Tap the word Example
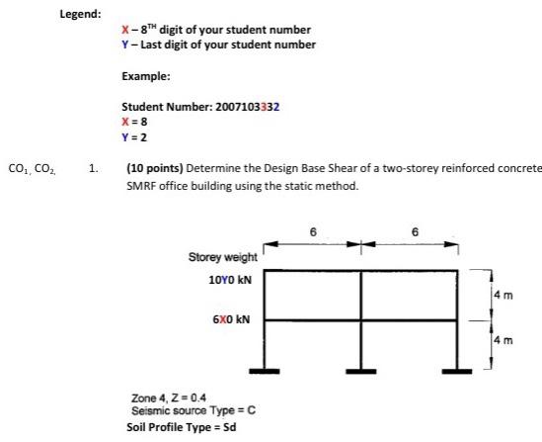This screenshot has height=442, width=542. point(143,75)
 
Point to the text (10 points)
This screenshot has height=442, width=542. point(155,169)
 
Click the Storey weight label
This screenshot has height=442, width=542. point(222,258)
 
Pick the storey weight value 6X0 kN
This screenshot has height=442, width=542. point(232,320)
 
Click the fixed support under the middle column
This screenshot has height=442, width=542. point(360,371)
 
